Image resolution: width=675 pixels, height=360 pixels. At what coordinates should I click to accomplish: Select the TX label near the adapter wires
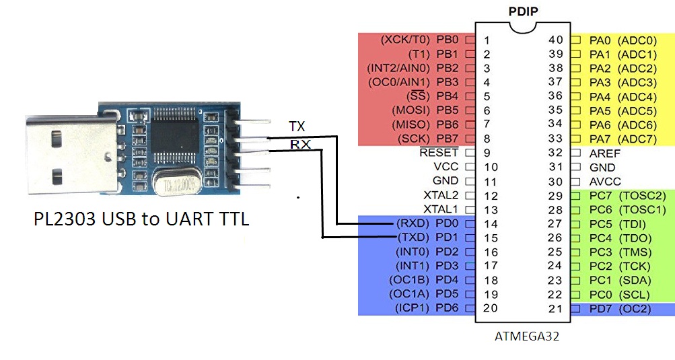[x=297, y=127]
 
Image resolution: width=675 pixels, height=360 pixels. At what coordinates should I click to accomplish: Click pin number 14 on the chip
[x=491, y=224]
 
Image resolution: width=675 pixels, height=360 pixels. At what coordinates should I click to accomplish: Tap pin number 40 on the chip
[x=555, y=40]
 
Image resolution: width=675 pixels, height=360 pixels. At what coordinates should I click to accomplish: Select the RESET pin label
[x=439, y=153]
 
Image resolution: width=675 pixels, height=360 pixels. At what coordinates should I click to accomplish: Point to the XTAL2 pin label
[x=441, y=195]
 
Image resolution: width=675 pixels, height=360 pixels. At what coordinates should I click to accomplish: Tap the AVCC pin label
[x=605, y=182]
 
